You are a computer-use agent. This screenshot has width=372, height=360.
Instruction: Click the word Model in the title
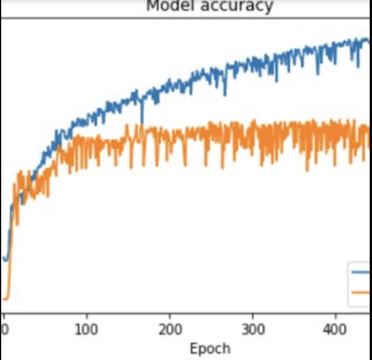[x=168, y=6]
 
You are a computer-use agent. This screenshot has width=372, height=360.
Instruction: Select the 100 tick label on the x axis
[x=86, y=331]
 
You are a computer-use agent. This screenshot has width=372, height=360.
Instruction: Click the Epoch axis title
[x=210, y=348]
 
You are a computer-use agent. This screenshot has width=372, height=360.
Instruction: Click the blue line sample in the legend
[x=361, y=272]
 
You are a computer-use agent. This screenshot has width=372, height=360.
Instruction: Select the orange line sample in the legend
[x=361, y=292]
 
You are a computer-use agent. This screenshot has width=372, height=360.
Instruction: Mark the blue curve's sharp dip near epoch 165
[x=142, y=122]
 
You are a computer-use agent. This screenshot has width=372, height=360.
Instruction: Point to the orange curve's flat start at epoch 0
[x=5, y=298]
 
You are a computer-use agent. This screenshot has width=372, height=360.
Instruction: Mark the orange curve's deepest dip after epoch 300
[x=308, y=170]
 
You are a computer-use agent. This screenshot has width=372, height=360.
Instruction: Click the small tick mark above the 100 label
[x=86, y=317]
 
